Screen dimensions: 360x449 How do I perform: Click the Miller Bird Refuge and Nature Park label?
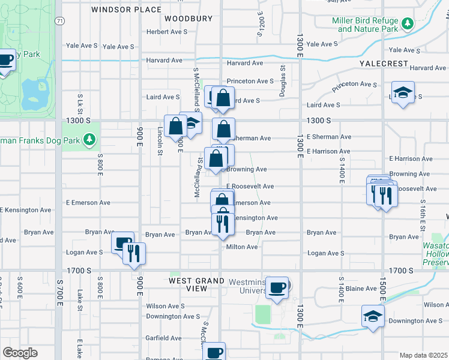365,25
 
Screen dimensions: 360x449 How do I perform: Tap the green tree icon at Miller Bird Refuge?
408,23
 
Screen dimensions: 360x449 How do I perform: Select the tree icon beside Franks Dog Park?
89,140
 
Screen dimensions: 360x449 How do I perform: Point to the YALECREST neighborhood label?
384,64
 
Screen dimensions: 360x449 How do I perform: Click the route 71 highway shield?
59,21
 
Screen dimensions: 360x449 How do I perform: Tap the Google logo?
20,353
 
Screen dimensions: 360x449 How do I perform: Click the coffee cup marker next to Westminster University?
277,287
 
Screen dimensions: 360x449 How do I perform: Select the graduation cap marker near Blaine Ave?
373,316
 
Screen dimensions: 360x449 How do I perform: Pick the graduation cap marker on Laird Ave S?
403,93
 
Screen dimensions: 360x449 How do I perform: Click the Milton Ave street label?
242,247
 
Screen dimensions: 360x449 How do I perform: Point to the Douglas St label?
282,81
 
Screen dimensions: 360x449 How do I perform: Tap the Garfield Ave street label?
164,338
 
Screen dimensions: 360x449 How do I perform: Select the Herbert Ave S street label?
167,31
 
